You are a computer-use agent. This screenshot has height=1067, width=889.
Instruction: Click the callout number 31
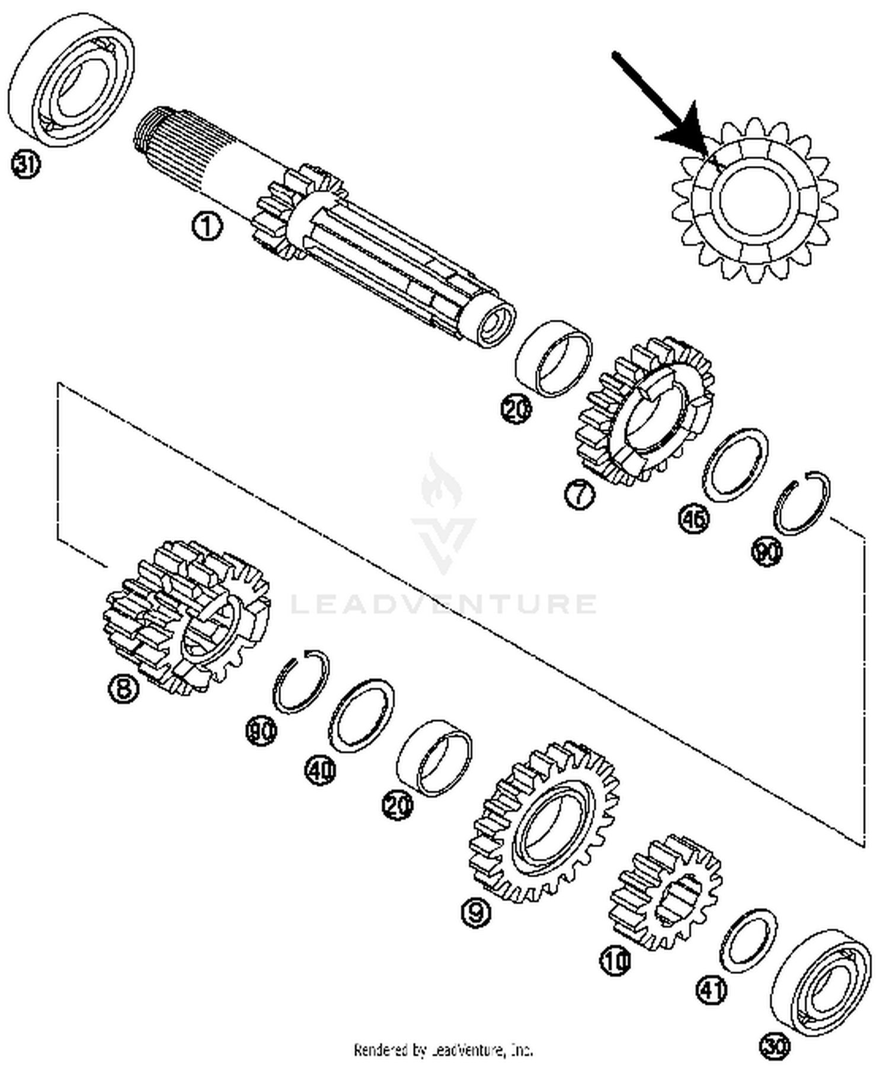[x=25, y=164]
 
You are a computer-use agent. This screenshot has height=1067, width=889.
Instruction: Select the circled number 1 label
[x=207, y=227]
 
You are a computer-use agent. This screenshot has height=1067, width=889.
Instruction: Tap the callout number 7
[x=579, y=493]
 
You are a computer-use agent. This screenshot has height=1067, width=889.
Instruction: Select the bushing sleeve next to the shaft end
[x=554, y=358]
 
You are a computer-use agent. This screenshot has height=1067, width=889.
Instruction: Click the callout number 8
[x=123, y=689]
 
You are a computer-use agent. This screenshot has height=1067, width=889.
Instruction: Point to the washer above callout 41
[x=749, y=941]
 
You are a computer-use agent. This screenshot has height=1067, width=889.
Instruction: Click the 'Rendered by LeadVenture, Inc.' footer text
[x=443, y=1050]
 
